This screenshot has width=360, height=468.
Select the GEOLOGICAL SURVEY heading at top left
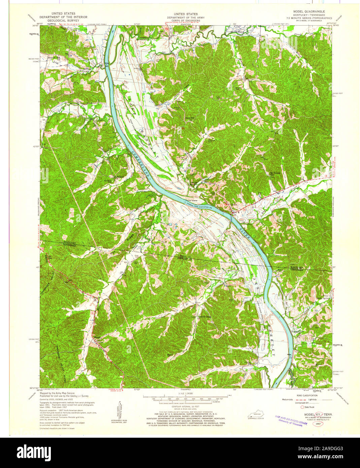pyautogui.click(x=63, y=20)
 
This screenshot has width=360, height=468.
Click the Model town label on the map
pyautogui.click(x=97, y=337)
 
